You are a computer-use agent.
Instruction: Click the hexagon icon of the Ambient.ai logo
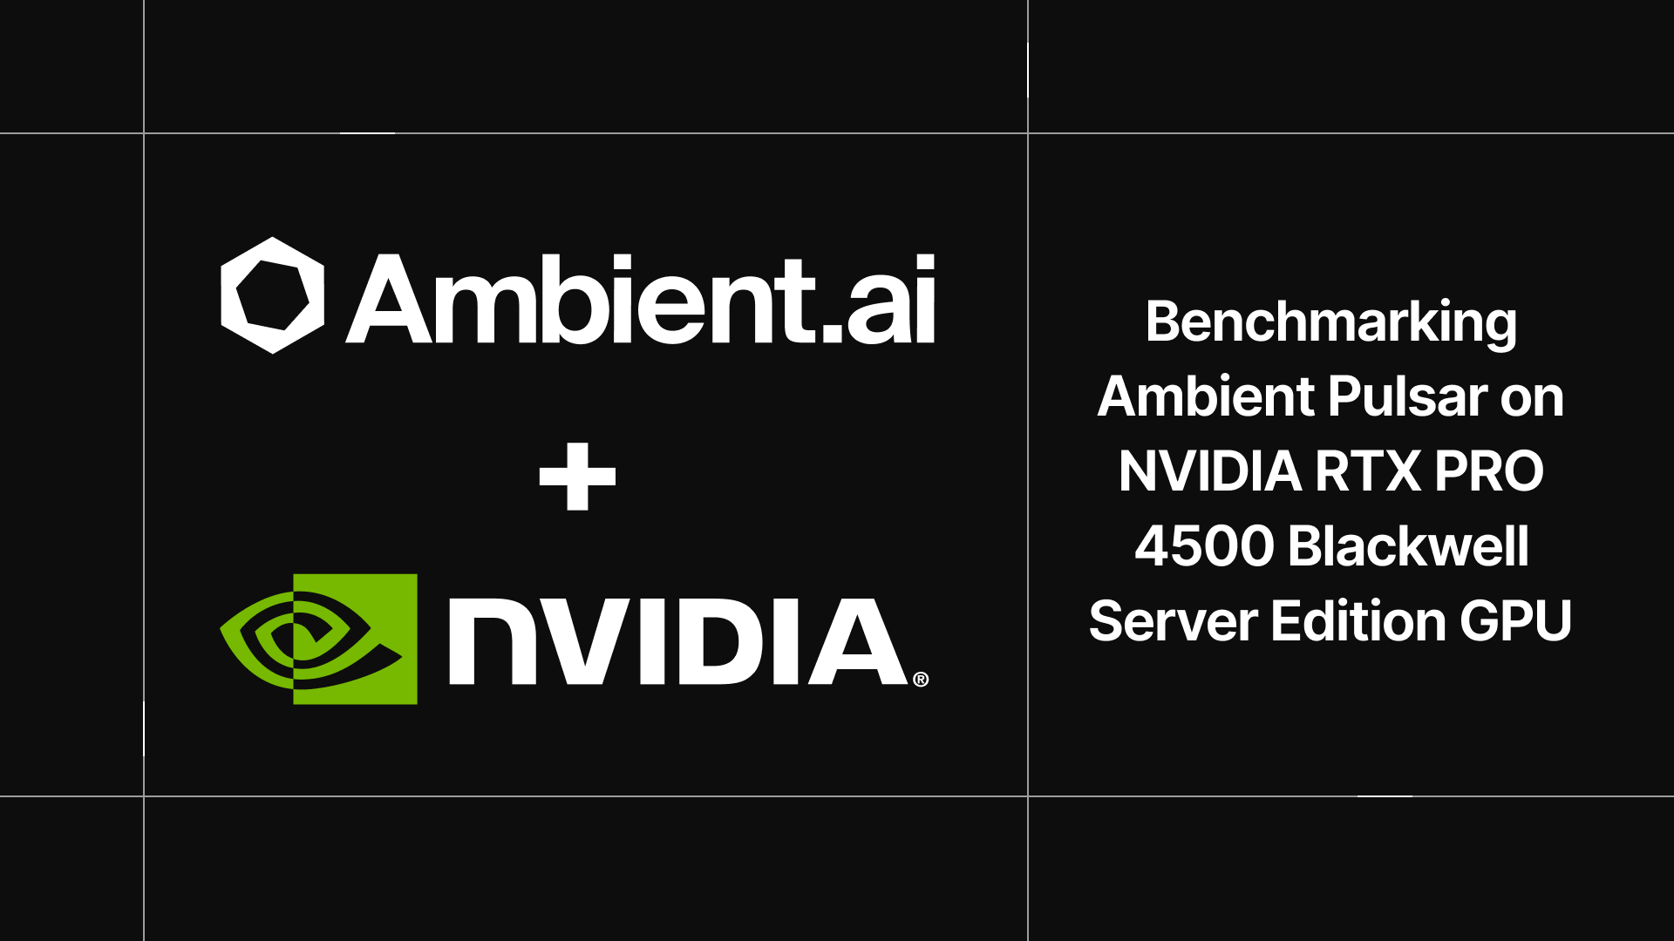[x=272, y=295]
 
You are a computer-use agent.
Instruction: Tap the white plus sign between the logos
[x=577, y=477]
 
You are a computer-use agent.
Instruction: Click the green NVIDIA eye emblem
[x=319, y=639]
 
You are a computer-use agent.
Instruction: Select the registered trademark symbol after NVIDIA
[x=921, y=680]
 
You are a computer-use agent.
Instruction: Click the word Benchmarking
[x=1330, y=322]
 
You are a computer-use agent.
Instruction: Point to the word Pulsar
[x=1408, y=397]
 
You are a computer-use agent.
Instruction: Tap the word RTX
[x=1367, y=471]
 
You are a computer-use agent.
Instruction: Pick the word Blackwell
[x=1408, y=546]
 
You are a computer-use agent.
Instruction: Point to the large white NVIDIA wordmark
[x=678, y=641]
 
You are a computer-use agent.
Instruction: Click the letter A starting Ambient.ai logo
[x=389, y=301]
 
